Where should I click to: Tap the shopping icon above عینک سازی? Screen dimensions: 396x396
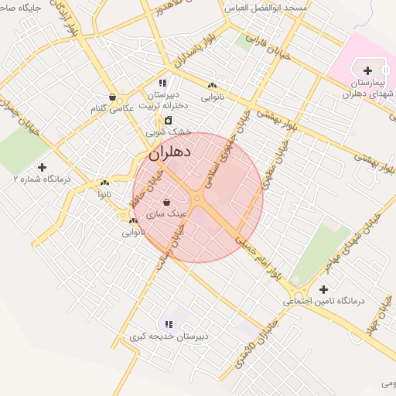pos(167,202)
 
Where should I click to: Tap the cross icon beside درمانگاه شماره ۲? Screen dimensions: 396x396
pos(41,167)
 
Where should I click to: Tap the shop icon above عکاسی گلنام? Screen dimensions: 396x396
pos(114,97)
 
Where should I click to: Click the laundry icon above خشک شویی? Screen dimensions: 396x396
pos(169,121)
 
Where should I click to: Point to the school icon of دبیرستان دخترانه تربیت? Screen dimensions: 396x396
pos(162,83)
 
